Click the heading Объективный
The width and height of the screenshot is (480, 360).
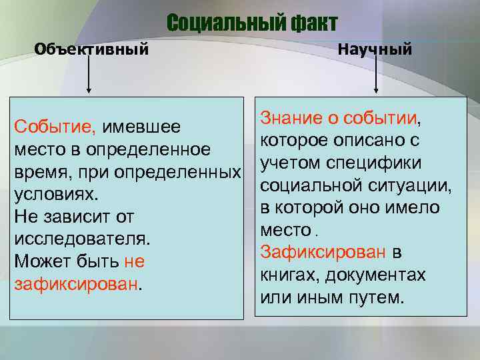[91, 49]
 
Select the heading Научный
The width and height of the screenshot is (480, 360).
[375, 49]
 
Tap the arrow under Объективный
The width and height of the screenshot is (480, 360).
[89, 73]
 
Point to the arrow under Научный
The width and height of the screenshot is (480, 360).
[376, 73]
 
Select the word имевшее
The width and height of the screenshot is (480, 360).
[152, 127]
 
